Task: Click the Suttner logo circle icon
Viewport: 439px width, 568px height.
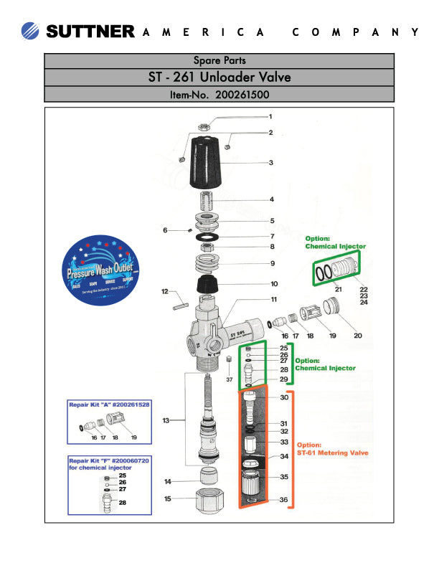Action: pos(32,31)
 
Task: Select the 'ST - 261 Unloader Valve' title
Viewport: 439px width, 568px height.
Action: pos(219,77)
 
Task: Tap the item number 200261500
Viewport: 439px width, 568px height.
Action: pos(219,94)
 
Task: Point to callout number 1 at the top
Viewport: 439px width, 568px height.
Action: pos(270,116)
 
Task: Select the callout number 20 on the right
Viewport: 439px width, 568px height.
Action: pos(357,334)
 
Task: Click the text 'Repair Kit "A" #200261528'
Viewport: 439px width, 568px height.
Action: pos(108,405)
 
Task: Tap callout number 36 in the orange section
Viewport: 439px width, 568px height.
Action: pos(284,500)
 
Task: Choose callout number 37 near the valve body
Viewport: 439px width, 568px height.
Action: pos(230,379)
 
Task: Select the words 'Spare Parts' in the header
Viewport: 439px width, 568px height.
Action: pos(219,60)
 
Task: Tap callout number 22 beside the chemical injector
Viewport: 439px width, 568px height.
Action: pos(363,288)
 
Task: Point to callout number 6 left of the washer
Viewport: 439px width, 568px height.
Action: pos(164,230)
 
